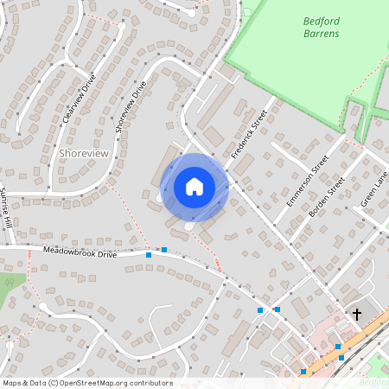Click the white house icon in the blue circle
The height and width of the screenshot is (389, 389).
pos(194,186)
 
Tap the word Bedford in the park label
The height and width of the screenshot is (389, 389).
pos(322,20)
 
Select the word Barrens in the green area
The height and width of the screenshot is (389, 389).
pos(322,34)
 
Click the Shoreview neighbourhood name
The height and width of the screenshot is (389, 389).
pos(85,152)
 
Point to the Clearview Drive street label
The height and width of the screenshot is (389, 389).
pos(79,101)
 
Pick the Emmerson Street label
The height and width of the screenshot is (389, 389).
pos(307,181)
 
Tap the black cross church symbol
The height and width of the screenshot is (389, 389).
pos(355,315)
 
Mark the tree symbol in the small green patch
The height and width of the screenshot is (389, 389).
pos(10,282)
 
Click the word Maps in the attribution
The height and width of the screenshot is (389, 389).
pos(12,383)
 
